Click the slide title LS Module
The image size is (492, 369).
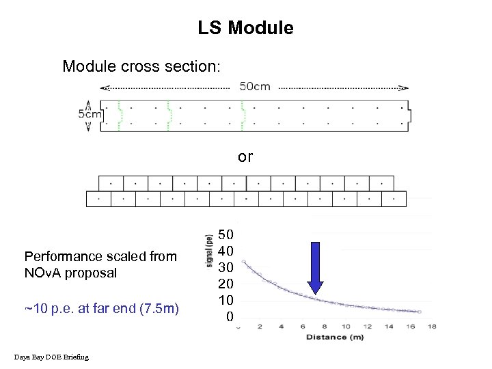245,28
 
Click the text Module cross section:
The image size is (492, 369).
141,66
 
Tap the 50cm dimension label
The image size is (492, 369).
254,87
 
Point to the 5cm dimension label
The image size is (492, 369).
90,114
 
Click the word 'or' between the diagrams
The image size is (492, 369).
245,156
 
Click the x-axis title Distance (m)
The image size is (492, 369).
335,337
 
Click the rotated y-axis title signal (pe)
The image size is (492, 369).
208,251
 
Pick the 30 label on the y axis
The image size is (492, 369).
226,267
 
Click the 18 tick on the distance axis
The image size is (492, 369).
432,327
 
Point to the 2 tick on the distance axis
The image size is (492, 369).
260,327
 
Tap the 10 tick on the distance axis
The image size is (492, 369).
346,327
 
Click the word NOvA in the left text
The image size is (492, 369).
44,273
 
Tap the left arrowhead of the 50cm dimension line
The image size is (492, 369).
104,87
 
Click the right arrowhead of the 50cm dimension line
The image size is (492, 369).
405,87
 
